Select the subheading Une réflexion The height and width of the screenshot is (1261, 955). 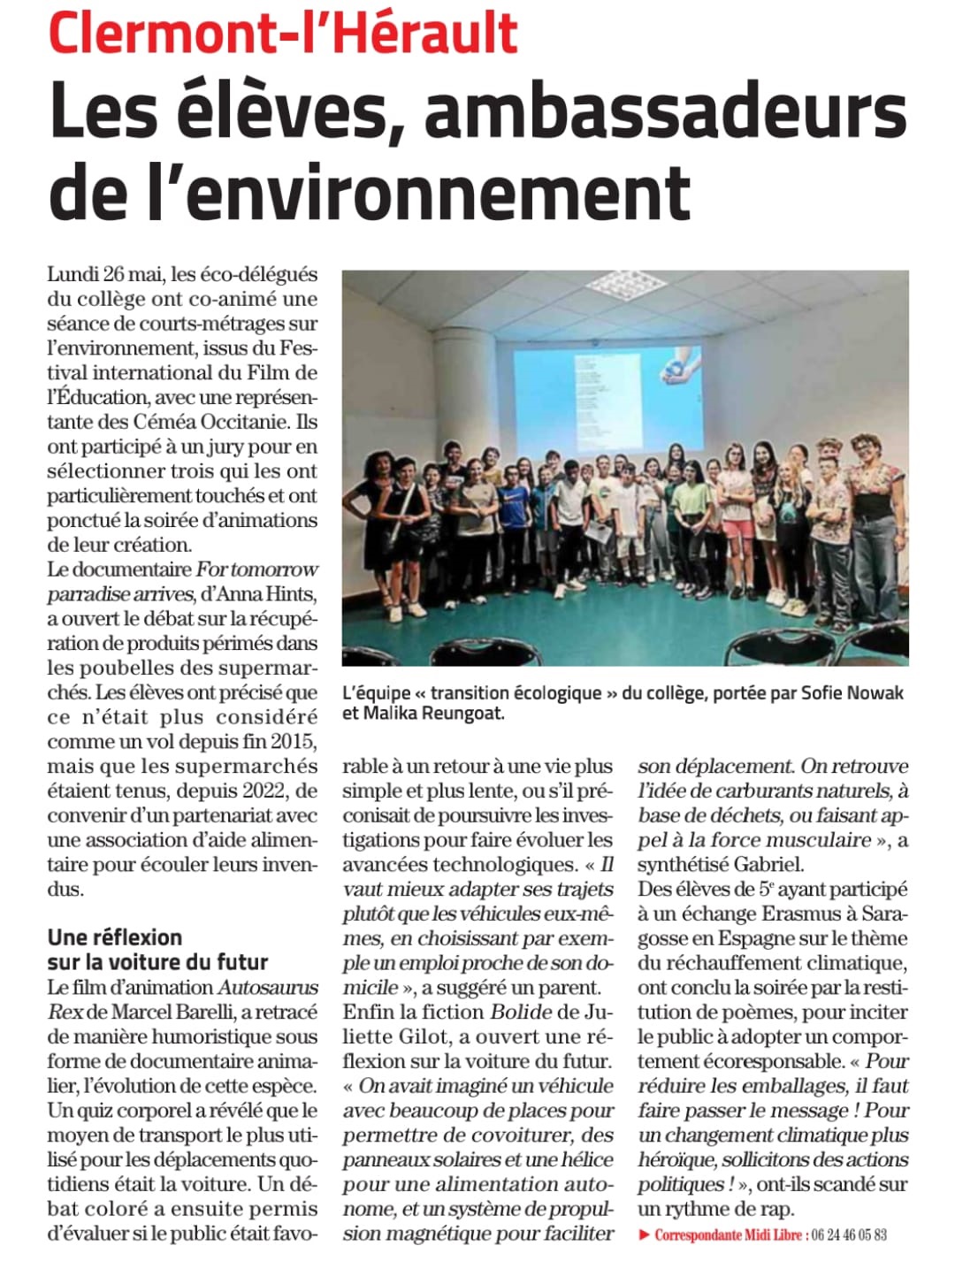pos(115,937)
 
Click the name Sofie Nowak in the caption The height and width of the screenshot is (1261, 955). pos(852,692)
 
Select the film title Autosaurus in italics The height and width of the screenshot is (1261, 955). pos(268,987)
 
